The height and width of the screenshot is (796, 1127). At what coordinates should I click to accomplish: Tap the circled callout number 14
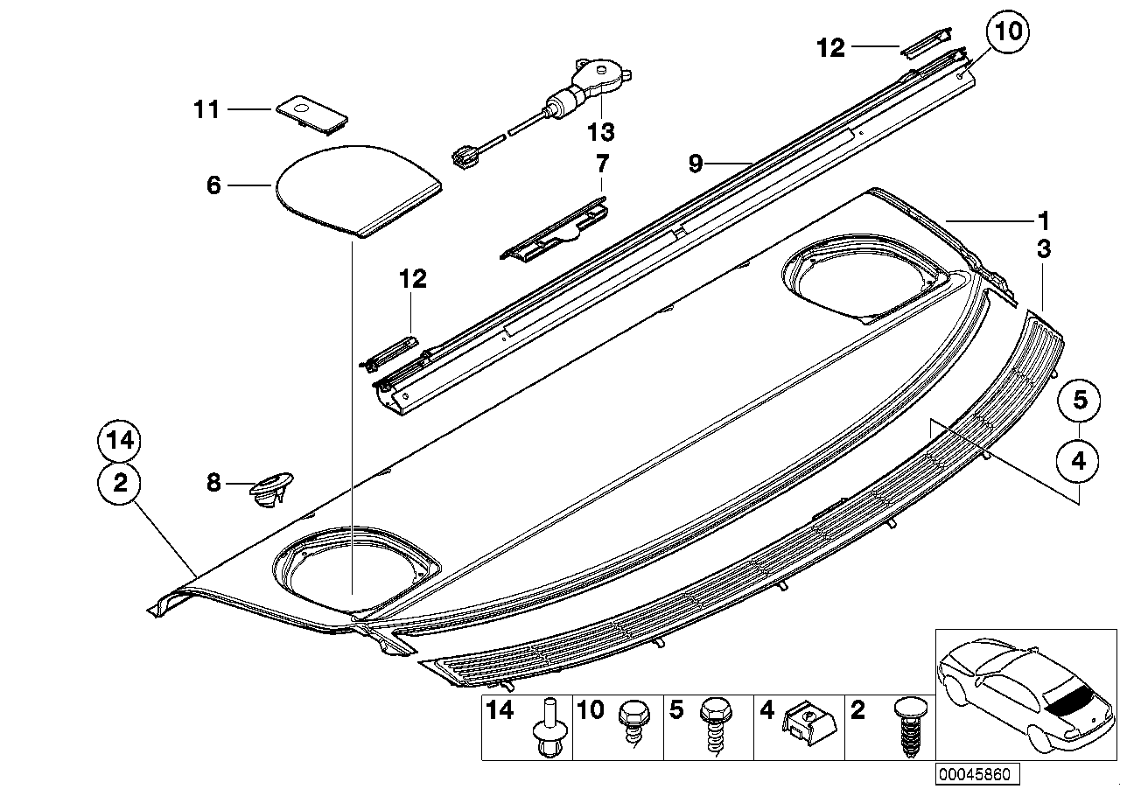coord(120,442)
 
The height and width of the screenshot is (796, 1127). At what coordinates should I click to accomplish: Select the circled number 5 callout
coord(1079,401)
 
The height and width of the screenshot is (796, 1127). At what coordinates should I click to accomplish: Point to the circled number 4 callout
coord(1079,460)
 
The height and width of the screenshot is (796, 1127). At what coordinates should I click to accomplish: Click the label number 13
coord(601,132)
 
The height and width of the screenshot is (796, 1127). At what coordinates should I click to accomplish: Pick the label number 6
coord(213,185)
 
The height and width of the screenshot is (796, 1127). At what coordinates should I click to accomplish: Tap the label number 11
coord(206,109)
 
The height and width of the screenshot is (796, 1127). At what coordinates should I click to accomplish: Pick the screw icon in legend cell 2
coord(905,729)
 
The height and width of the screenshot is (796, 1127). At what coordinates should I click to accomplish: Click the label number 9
coord(696,164)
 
